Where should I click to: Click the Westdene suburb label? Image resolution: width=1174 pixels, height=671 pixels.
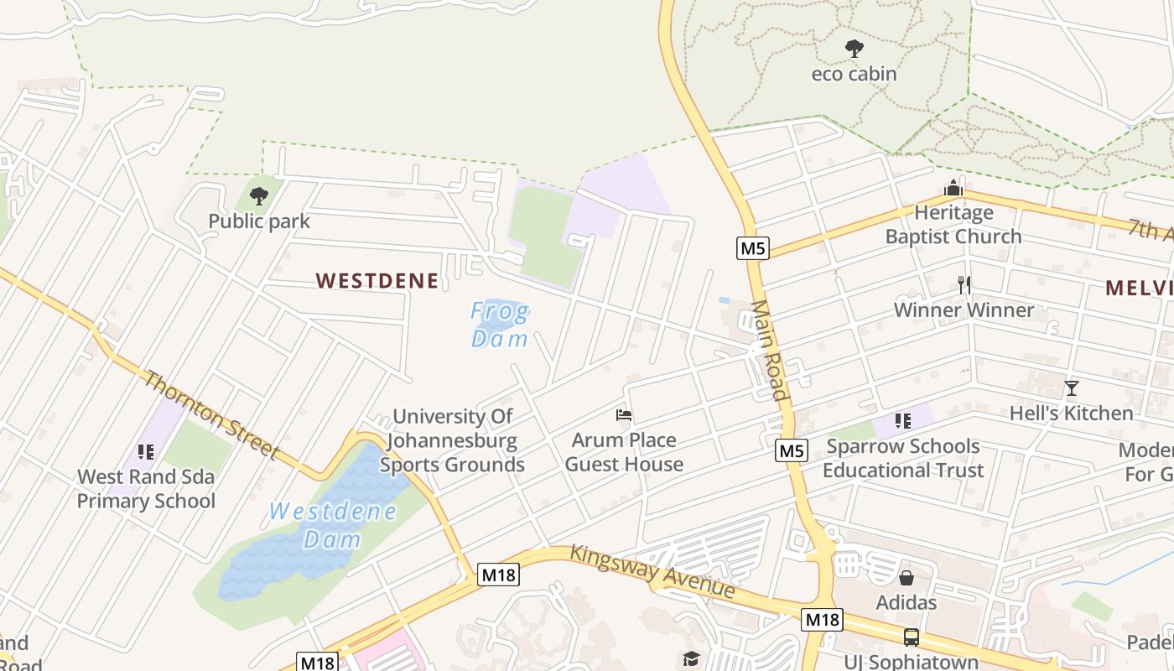coord(377,281)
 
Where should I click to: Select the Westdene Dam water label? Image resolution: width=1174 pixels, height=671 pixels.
coord(332,525)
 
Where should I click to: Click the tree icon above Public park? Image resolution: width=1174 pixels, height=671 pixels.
coord(259,196)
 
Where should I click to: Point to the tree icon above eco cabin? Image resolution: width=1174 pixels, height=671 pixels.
coord(854,49)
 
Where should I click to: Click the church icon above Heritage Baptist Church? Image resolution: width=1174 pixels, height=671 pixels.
coord(953,188)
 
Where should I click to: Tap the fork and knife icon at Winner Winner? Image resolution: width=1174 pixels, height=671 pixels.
coord(964,285)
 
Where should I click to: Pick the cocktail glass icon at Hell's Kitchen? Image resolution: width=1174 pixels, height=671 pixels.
coord(1071,388)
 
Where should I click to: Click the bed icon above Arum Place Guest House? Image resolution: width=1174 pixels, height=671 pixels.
coord(623,415)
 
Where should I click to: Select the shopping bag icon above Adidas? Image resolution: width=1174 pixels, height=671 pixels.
coord(906,578)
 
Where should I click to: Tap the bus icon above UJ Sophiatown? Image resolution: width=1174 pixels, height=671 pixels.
coord(911,637)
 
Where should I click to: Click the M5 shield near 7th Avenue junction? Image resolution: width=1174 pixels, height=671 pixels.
coord(753,248)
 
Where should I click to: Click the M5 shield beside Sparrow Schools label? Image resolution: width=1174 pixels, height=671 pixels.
coord(792,451)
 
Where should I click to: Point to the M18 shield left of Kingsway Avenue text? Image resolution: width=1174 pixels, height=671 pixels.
coord(499,575)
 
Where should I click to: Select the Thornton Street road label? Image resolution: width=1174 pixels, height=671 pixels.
coord(210,414)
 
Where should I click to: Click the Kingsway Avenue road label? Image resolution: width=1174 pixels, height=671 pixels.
coord(653,571)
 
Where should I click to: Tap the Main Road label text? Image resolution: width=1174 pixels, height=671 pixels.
coord(770,351)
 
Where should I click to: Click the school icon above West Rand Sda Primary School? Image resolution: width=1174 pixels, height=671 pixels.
coord(146,452)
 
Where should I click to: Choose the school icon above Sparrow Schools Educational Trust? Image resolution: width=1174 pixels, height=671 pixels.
coord(902,421)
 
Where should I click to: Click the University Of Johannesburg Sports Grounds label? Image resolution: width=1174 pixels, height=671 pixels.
coord(453,440)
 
